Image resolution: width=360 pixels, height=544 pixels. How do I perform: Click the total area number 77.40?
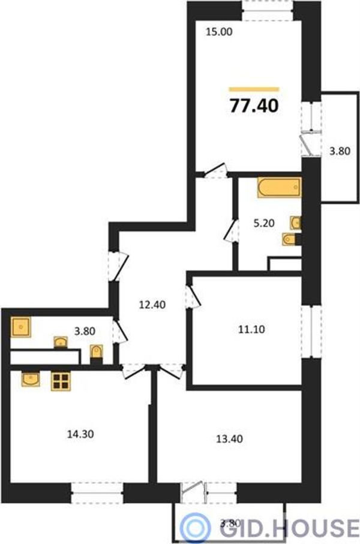tap(254, 106)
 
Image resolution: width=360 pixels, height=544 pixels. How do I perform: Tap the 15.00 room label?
tap(219, 32)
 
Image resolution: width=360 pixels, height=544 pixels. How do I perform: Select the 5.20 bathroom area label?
tap(264, 223)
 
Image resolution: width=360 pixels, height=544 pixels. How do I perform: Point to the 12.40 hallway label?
tap(152, 305)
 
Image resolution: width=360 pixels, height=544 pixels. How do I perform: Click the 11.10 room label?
tap(251, 329)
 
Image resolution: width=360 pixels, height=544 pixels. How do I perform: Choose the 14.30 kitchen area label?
tap(80, 434)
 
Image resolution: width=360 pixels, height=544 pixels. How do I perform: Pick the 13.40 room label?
tap(229, 439)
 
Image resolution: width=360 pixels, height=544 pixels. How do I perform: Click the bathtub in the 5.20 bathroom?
tap(279, 187)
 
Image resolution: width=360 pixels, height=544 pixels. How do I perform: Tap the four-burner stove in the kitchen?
tap(61, 381)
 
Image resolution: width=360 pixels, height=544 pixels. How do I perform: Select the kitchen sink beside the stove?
tap(31, 378)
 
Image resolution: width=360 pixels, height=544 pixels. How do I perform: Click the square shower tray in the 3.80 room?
tap(21, 327)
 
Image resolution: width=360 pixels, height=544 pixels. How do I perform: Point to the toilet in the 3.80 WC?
tap(96, 353)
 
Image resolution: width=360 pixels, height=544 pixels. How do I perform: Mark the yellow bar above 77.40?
tap(254, 89)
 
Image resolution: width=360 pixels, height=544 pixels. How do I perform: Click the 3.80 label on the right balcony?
tap(340, 151)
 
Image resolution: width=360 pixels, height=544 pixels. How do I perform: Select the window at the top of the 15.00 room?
tap(268, 11)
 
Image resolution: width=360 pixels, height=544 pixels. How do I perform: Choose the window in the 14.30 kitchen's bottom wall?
tap(97, 492)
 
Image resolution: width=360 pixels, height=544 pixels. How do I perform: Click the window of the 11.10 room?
tap(311, 332)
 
